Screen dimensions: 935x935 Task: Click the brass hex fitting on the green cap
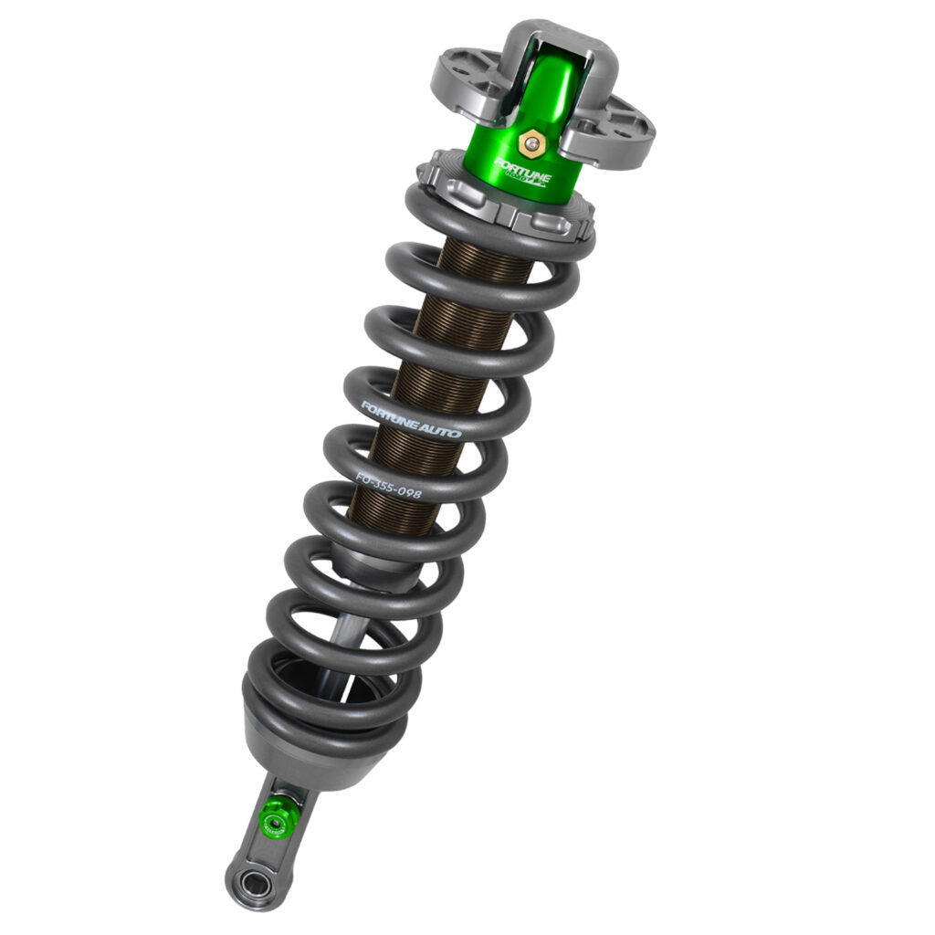(x=529, y=143)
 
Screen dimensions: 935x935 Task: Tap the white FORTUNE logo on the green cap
(x=521, y=171)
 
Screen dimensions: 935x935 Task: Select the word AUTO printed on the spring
(x=440, y=428)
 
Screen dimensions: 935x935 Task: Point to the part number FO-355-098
(x=388, y=485)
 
